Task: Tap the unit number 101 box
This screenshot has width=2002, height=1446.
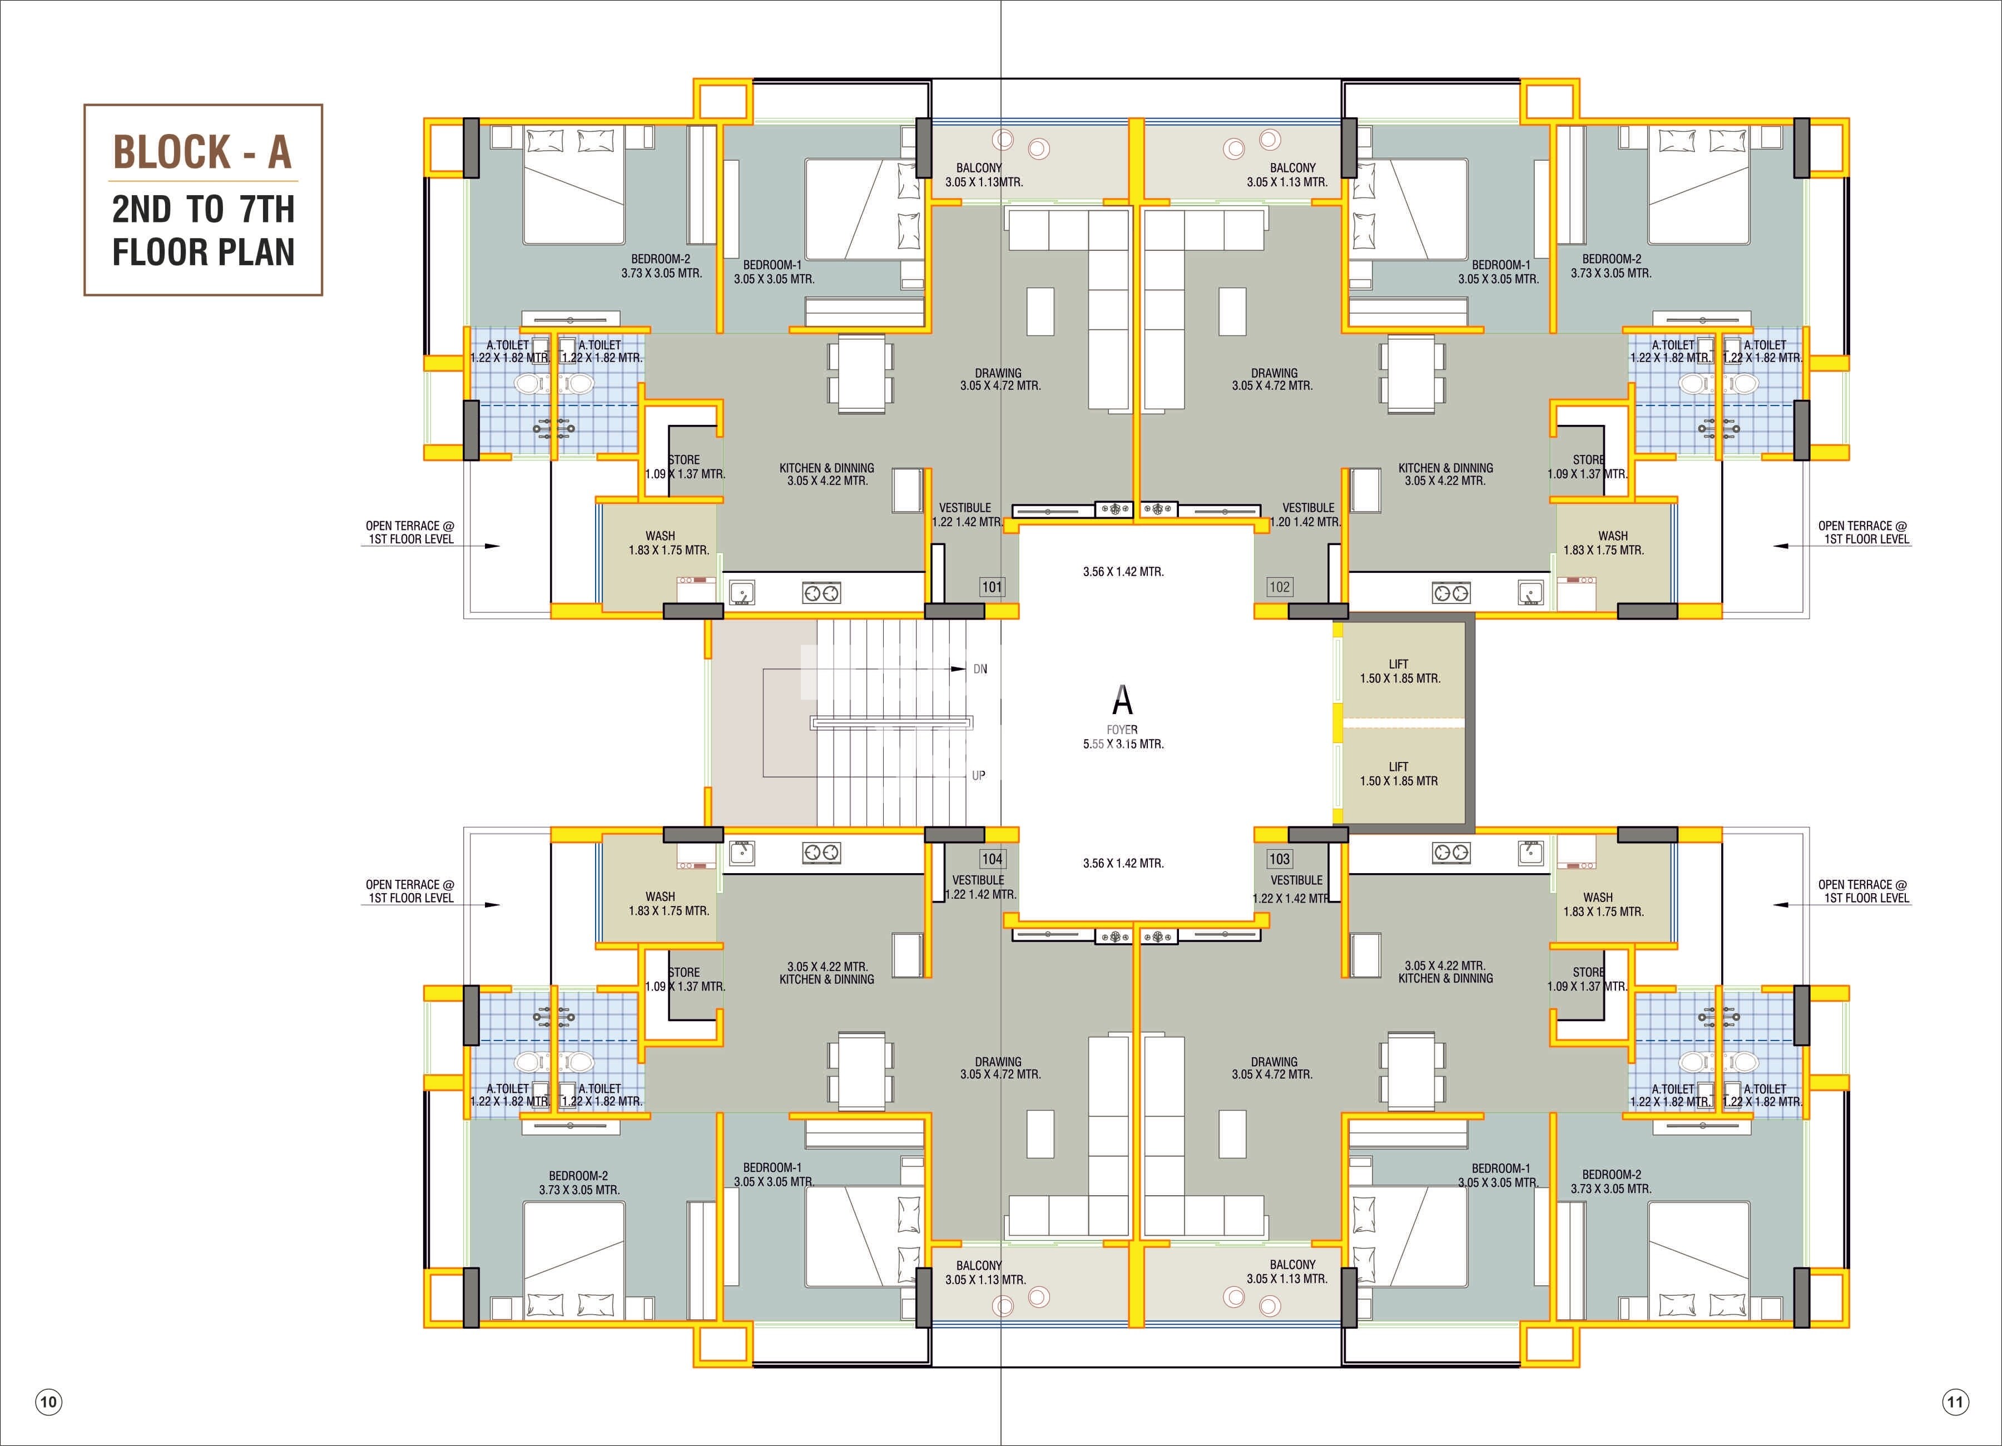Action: (992, 587)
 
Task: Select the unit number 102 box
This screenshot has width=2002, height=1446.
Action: (1279, 587)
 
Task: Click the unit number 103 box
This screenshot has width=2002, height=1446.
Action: (1279, 859)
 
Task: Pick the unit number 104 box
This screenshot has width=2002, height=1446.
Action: (992, 859)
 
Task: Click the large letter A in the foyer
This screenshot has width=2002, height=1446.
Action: (1122, 700)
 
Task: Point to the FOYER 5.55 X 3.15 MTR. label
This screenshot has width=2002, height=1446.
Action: (1123, 737)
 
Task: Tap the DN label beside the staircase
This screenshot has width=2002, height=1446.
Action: (980, 669)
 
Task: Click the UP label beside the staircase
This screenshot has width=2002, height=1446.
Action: (978, 776)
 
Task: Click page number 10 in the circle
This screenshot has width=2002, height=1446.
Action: (48, 1402)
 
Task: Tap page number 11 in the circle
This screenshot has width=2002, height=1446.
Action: (1955, 1402)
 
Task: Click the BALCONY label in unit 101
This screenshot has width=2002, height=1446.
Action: (979, 168)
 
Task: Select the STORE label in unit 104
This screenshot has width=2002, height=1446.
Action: (684, 972)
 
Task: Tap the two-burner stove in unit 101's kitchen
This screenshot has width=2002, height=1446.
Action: (821, 593)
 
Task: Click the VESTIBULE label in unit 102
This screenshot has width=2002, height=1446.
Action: (1308, 508)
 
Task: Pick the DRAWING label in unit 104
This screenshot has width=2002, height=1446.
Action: (998, 1062)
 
